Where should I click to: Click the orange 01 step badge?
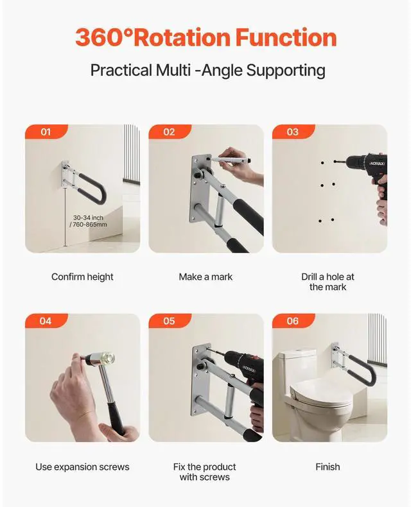coord(46,132)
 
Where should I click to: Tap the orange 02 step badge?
coord(170,132)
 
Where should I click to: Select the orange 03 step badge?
coord(293,132)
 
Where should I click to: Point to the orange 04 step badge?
coord(46,321)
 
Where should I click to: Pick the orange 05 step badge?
coord(170,321)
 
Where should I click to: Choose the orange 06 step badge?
coord(293,321)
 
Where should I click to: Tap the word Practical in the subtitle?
coord(121,70)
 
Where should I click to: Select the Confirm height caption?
coord(82,277)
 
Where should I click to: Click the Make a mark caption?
coord(205,277)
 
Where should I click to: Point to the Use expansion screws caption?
coord(82,467)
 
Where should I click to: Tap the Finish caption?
coord(328,467)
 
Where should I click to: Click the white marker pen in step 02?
coord(231,159)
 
